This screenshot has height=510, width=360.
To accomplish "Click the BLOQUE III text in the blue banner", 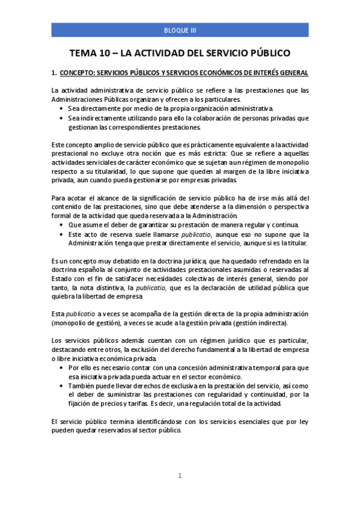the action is pyautogui.click(x=180, y=29).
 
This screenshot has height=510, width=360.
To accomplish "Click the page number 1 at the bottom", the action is pyautogui.click(x=180, y=475).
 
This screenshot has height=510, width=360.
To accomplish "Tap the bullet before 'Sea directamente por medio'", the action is pyautogui.click(x=63, y=108).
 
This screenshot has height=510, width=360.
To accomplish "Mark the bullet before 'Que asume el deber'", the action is pyautogui.click(x=63, y=224).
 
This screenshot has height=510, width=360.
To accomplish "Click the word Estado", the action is pyautogui.click(x=63, y=278).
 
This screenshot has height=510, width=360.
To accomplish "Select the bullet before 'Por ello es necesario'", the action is pyautogui.click(x=63, y=367).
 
